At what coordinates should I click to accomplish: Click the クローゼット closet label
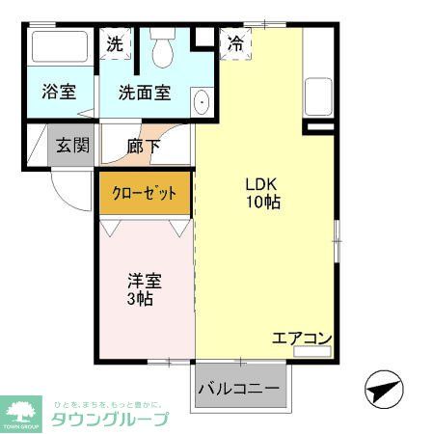click(146, 193)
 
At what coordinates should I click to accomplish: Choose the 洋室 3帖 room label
click(145, 289)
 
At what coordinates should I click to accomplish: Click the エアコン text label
click(301, 339)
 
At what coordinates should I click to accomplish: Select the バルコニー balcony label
click(239, 389)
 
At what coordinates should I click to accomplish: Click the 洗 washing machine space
click(115, 43)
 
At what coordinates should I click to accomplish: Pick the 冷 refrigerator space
click(234, 42)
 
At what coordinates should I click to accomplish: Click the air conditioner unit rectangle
click(312, 352)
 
